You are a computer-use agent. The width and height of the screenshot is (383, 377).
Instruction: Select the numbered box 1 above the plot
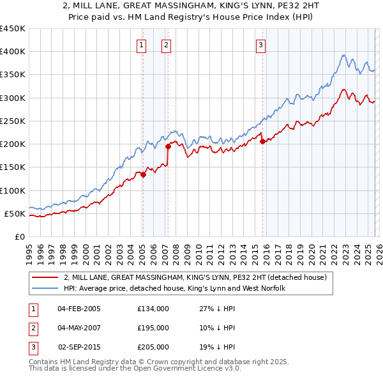(140, 45)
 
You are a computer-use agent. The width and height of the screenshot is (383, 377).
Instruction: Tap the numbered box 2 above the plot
(165, 45)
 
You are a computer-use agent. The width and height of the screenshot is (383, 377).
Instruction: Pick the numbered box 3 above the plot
(261, 45)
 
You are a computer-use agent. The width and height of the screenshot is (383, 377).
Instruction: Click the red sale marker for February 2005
(143, 174)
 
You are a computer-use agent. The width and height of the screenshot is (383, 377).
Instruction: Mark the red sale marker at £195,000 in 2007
(168, 146)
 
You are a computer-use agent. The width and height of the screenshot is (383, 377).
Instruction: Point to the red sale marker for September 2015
(262, 142)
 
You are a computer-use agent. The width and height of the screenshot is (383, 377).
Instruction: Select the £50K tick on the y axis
(15, 213)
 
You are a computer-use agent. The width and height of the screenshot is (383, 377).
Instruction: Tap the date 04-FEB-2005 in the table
(79, 309)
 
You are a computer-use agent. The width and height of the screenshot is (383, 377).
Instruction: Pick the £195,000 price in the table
(153, 328)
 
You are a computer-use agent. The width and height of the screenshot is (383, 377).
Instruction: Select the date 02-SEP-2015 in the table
(79, 347)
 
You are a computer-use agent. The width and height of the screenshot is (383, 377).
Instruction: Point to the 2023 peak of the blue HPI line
(343, 55)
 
